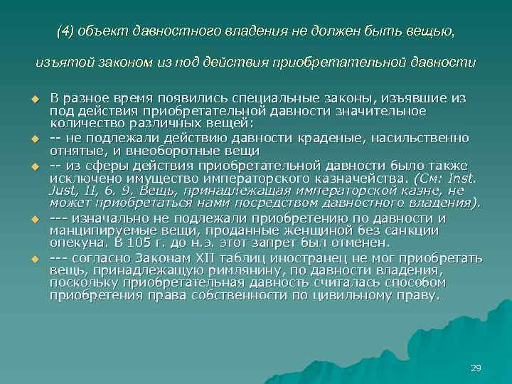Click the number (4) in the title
pos(65,32)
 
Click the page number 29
pos(476,368)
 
